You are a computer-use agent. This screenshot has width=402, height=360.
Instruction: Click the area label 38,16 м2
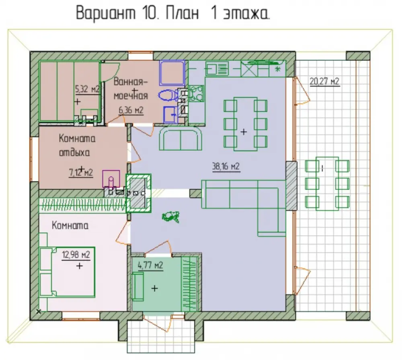point(226,167)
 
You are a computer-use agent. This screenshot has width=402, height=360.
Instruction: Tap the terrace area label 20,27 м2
point(324,81)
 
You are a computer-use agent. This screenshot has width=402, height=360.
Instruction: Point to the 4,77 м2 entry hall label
point(150,265)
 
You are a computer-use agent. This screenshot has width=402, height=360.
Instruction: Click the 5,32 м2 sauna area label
point(87,89)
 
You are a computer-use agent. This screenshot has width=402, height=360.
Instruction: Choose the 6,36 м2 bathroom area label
point(131,110)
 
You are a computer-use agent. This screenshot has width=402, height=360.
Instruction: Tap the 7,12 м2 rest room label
point(81,173)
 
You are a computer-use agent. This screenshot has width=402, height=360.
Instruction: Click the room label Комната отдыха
point(77,145)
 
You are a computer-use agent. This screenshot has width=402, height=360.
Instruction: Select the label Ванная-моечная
point(131,88)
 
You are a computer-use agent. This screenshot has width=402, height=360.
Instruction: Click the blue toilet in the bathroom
point(168,95)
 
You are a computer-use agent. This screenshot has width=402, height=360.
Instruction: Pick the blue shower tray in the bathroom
point(172,73)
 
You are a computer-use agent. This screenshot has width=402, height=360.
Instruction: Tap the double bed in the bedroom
point(67,272)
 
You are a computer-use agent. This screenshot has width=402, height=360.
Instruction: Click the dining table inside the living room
point(245,124)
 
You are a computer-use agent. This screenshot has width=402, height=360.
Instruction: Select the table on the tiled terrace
point(327,183)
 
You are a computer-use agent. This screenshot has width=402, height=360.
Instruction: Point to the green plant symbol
point(170,216)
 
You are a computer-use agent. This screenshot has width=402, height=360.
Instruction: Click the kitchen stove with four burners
point(196,93)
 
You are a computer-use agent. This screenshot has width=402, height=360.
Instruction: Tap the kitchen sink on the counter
point(217,68)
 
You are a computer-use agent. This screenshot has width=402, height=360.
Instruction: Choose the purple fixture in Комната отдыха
point(111,179)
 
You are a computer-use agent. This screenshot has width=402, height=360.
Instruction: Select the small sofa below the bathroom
point(180,139)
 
